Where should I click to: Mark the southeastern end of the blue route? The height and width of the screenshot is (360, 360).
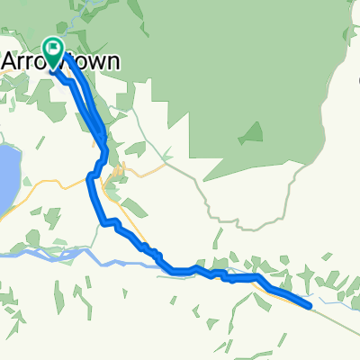(x=310, y=307)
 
